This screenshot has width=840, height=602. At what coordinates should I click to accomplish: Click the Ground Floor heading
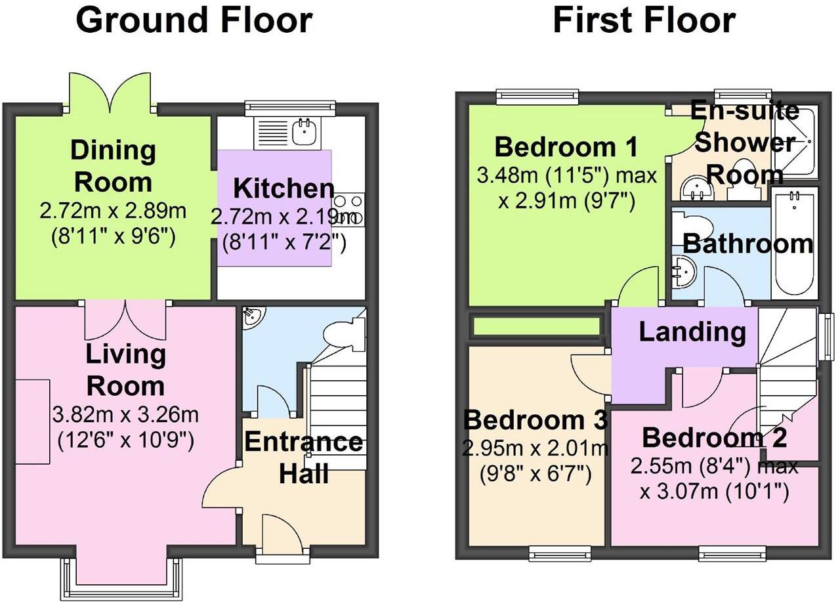tap(194, 20)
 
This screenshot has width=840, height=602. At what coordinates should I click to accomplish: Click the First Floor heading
tap(644, 20)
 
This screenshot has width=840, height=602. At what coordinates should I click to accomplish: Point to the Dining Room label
tap(113, 165)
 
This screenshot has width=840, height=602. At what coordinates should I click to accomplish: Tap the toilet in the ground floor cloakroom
tap(345, 333)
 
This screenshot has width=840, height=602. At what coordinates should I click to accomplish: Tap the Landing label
tap(692, 332)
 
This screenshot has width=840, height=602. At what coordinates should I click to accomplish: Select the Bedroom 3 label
tap(535, 418)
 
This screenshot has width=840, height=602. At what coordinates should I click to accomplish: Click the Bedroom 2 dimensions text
tap(714, 479)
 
